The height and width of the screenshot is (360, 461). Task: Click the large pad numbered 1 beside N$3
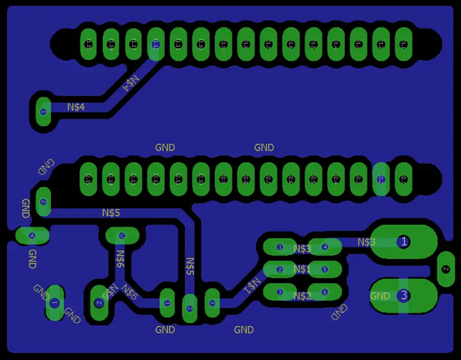[403, 242]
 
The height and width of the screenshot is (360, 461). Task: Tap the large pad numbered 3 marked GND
[403, 295]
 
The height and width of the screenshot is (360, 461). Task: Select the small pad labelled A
[32, 235]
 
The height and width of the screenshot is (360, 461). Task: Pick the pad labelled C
[122, 235]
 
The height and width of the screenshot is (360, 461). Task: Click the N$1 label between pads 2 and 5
[302, 269]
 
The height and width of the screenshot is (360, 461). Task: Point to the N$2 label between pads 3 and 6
[302, 296]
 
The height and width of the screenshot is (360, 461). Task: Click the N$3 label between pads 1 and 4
[302, 248]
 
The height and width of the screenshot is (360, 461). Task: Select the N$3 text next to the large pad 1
[366, 242]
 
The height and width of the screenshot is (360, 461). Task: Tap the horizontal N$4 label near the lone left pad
[76, 107]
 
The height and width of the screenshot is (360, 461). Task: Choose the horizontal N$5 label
[111, 213]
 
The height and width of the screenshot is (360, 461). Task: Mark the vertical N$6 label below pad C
[120, 257]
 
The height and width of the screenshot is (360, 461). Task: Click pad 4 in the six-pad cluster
[325, 247]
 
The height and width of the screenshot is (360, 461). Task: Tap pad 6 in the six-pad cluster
[325, 292]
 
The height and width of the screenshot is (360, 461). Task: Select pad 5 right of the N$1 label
[325, 269]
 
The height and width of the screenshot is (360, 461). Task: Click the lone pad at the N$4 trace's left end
[43, 111]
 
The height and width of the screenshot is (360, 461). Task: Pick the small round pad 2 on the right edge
[445, 269]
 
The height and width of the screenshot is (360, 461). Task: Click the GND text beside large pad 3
[380, 296]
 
